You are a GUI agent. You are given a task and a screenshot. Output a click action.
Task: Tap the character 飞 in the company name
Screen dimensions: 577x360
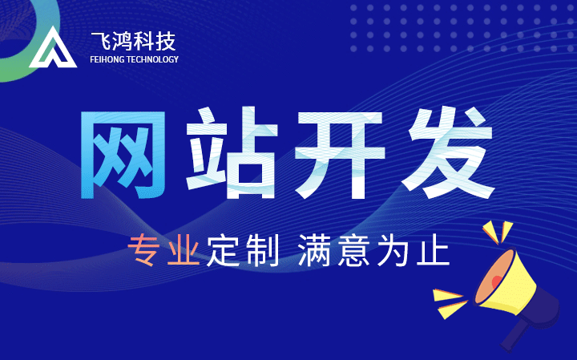[x=101, y=41]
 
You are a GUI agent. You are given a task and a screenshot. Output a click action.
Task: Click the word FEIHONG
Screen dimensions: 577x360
[x=107, y=59]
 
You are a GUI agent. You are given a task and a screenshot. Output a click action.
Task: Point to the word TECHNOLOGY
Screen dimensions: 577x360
[x=152, y=59]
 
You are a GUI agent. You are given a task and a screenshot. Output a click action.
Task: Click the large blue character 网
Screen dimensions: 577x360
[x=123, y=155]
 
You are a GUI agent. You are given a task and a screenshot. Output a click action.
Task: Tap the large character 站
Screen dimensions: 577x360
[x=232, y=153]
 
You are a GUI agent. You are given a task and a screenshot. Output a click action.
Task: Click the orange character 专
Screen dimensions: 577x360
[x=143, y=250]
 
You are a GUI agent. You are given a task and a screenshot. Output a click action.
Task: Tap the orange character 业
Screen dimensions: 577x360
[x=184, y=250]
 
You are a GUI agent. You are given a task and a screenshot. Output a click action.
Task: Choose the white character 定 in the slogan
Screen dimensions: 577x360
[x=223, y=250]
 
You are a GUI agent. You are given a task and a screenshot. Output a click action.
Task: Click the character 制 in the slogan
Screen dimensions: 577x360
[x=262, y=250]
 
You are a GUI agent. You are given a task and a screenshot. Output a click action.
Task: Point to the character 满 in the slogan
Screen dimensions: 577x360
[x=314, y=250]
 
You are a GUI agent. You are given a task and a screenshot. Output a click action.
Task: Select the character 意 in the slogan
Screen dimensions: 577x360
[x=353, y=250]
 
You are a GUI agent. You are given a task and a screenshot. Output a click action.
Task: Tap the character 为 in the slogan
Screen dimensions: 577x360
[x=393, y=250]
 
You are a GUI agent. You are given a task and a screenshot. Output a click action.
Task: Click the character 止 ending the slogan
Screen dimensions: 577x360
[x=433, y=250]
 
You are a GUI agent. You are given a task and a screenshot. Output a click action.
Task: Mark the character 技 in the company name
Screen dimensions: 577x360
[x=164, y=41]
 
